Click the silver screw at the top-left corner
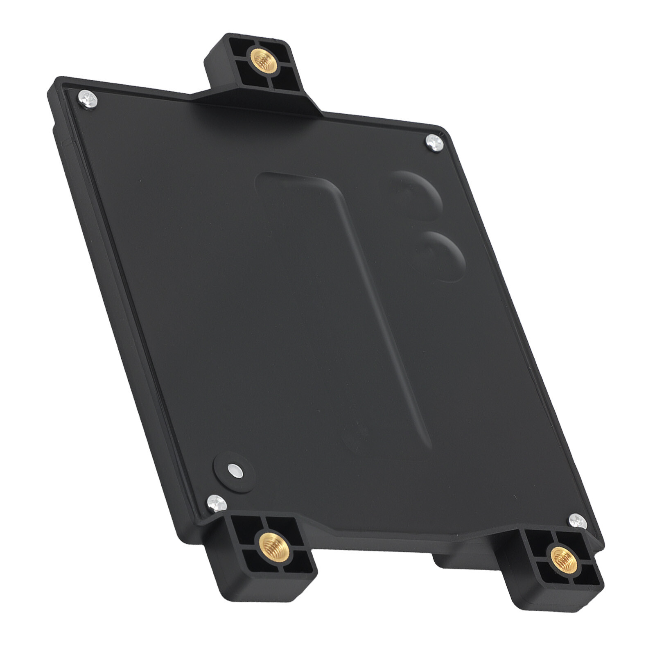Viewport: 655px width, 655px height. (88, 99)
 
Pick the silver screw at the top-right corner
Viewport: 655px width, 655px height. (434, 143)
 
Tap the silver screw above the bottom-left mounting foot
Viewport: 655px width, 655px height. (216, 502)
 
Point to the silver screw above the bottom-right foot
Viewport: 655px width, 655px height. (578, 521)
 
